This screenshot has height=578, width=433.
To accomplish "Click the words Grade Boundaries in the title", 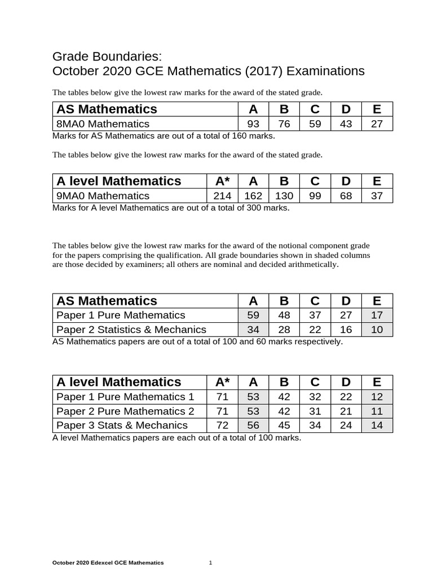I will click(x=107, y=56).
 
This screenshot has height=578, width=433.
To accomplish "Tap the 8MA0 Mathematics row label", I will click(x=103, y=124).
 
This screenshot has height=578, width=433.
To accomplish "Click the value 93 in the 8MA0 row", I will click(x=253, y=124).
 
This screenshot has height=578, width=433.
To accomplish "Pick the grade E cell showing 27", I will click(x=377, y=124).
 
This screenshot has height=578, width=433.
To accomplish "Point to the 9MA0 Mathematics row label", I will click(x=103, y=196).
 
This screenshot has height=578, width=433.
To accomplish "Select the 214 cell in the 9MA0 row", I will click(x=222, y=196).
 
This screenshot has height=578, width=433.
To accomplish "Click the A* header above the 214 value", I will click(x=222, y=181).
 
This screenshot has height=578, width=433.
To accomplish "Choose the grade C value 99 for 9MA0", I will click(x=315, y=196).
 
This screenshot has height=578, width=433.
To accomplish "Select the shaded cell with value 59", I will click(x=253, y=315).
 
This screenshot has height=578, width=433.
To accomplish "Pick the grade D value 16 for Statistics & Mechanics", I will click(x=346, y=330).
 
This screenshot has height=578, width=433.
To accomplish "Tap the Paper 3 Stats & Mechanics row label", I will click(x=122, y=425).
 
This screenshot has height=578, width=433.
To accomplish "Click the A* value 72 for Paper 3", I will click(x=222, y=425).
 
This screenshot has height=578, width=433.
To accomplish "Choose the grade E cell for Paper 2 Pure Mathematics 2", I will click(x=377, y=411).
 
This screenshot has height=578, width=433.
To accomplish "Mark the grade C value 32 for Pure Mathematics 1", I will click(x=315, y=397).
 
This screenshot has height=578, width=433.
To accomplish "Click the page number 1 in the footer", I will click(x=211, y=563).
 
